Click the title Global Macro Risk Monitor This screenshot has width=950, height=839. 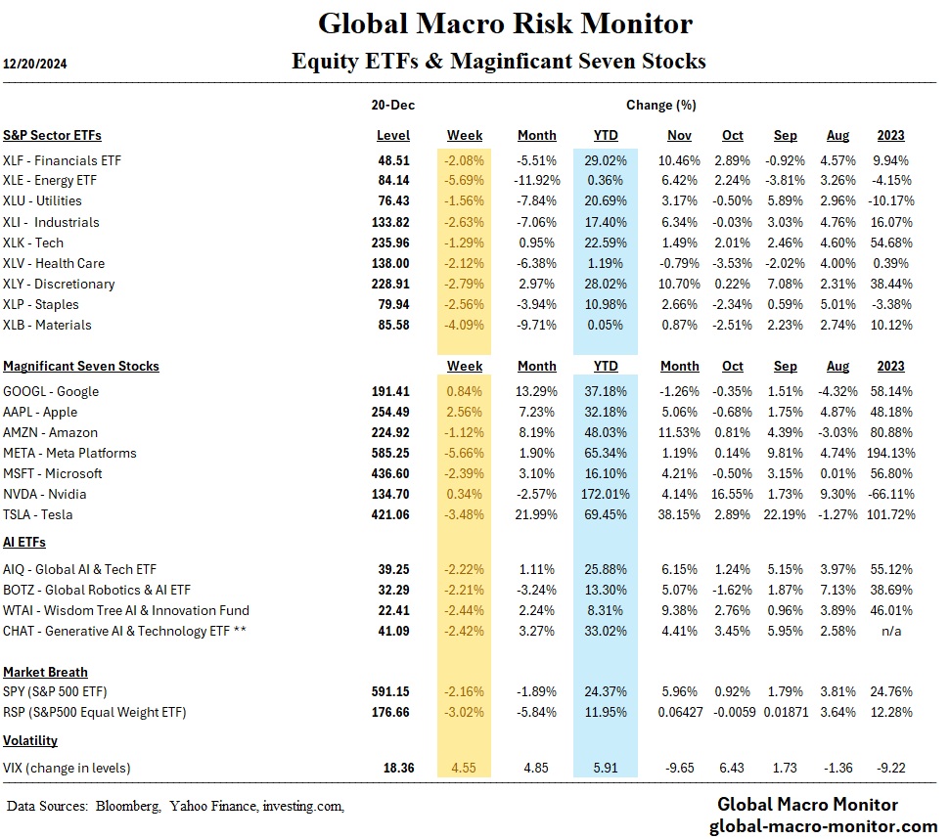506,22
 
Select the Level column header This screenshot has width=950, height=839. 392,135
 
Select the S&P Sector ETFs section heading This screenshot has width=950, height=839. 52,135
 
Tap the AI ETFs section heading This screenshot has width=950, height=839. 24,542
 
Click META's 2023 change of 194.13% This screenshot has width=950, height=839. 883,453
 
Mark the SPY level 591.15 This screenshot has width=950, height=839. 391,692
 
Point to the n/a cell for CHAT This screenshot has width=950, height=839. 891,631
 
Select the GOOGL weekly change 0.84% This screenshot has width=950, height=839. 464,391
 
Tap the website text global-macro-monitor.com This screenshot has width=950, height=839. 823,826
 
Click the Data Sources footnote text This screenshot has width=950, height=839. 175,806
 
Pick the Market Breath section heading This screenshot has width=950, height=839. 45,672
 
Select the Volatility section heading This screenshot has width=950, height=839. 30,740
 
